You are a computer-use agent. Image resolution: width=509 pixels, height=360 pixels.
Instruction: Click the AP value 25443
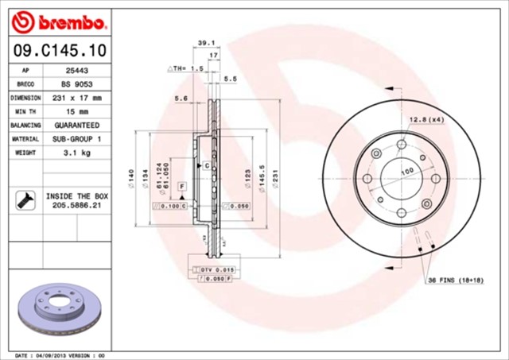pos(76,70)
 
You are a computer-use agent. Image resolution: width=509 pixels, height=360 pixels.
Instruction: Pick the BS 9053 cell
pos(76,83)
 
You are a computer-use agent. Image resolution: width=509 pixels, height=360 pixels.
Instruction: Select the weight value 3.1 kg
pos(76,153)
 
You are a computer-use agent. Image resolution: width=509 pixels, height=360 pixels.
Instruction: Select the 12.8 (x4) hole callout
pos(426,119)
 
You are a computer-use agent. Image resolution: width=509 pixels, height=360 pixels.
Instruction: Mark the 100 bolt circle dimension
pos(407,172)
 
